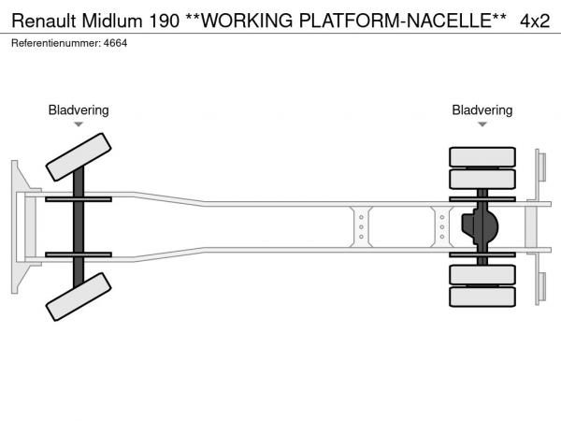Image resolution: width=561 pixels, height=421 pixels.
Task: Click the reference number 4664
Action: click(x=115, y=43)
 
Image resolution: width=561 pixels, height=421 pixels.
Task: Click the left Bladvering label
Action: click(x=79, y=110)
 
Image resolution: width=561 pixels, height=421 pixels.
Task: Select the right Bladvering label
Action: click(x=482, y=110)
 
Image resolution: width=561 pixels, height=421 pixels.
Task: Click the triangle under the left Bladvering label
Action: click(x=79, y=124)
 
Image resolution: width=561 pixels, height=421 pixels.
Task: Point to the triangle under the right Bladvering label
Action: click(x=482, y=124)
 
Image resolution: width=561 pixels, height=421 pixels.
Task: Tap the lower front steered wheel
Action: click(x=79, y=301)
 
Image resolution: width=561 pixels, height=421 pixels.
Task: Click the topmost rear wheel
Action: click(x=482, y=156)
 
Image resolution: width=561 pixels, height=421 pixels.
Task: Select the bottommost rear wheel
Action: click(x=482, y=298)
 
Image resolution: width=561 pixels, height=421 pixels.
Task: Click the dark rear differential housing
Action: click(x=481, y=226)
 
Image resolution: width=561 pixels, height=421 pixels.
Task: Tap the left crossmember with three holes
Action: click(x=361, y=227)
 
